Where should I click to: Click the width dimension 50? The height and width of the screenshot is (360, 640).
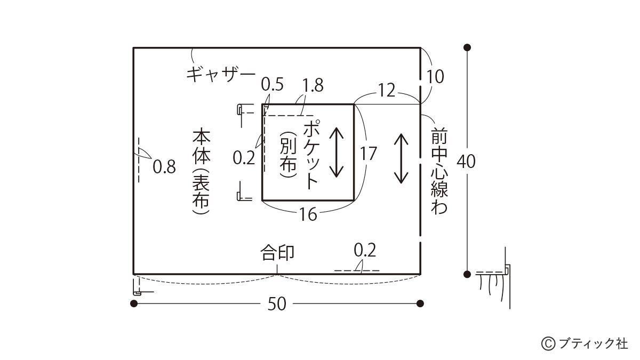277,304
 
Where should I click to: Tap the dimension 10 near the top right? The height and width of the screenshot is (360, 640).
435,77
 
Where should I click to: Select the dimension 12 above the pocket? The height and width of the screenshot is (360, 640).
387,91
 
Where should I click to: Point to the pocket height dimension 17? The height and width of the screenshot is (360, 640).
368,154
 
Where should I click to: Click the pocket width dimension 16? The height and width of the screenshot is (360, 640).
308,214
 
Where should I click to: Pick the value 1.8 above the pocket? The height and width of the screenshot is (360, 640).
313,85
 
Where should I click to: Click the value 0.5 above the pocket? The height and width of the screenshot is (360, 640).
272,84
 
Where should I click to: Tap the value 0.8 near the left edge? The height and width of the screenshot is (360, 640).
164,167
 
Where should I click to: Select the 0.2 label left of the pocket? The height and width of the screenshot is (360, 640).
244,158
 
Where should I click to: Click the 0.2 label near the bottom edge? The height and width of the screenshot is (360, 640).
365,250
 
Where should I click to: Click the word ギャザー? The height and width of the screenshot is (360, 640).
221,73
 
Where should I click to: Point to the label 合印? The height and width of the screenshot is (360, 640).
277,252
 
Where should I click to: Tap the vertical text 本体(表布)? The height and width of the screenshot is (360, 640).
202,171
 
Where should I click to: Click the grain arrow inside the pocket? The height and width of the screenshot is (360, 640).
336,153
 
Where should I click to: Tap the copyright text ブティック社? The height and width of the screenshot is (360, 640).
592,343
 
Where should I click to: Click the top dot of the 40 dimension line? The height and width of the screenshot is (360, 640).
468,47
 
